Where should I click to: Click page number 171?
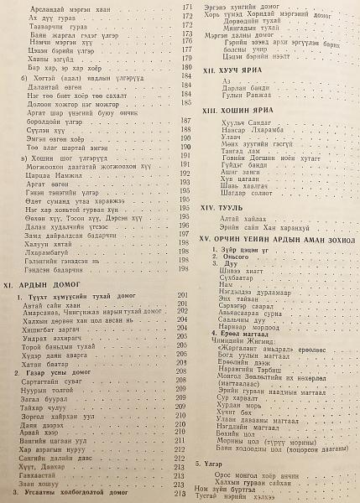click(188, 6)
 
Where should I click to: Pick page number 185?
click(188, 137)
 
